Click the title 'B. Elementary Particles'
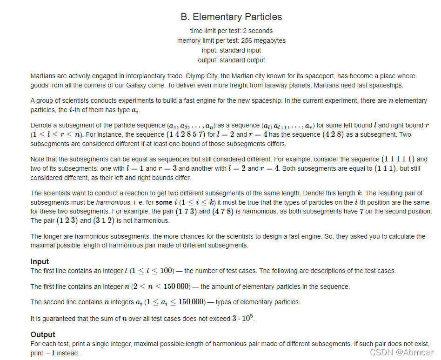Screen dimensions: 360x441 point(231,17)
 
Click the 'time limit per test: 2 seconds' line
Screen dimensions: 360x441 point(231,31)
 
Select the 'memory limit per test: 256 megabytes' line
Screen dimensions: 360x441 point(231,40)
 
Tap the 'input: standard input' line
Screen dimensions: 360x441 point(231,50)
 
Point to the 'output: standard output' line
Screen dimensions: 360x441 point(231,60)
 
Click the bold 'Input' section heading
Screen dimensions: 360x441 point(40,261)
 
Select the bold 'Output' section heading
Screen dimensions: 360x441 point(43,334)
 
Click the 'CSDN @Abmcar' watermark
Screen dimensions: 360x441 point(401,352)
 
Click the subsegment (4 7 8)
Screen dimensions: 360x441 point(223,212)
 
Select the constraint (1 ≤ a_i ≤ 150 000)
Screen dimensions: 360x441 point(175,302)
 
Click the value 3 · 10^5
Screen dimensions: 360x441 point(243,318)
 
